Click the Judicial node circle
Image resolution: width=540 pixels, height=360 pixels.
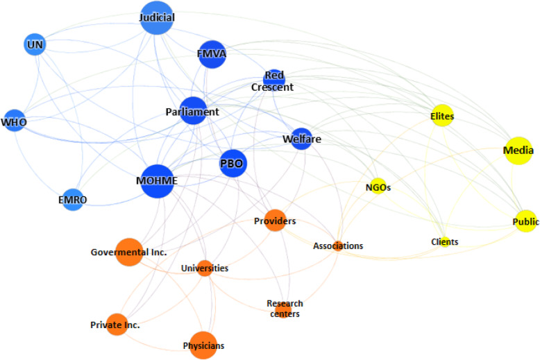pos(156,19)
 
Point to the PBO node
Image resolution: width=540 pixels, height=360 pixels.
pos(233,164)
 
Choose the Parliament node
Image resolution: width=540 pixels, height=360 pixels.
pos(193,111)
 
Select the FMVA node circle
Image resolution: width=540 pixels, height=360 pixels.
pos(213,55)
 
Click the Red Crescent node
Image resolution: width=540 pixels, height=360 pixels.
pos(274,78)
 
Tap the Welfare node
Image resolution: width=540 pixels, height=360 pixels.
pos(301,139)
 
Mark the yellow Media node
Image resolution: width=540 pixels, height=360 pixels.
pos(518,151)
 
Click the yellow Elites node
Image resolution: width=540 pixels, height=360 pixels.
pos(442,117)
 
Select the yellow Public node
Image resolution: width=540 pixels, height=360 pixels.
pos(525,221)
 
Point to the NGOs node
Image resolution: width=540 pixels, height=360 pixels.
pos(378,187)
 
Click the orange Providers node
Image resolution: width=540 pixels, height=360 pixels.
pos(275,221)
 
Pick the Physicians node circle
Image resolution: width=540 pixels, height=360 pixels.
pos(203,345)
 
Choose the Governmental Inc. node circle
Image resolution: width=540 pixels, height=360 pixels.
pos(128,252)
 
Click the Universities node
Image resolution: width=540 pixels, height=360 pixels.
pos(204,268)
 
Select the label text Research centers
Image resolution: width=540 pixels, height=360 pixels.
pos(285,309)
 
